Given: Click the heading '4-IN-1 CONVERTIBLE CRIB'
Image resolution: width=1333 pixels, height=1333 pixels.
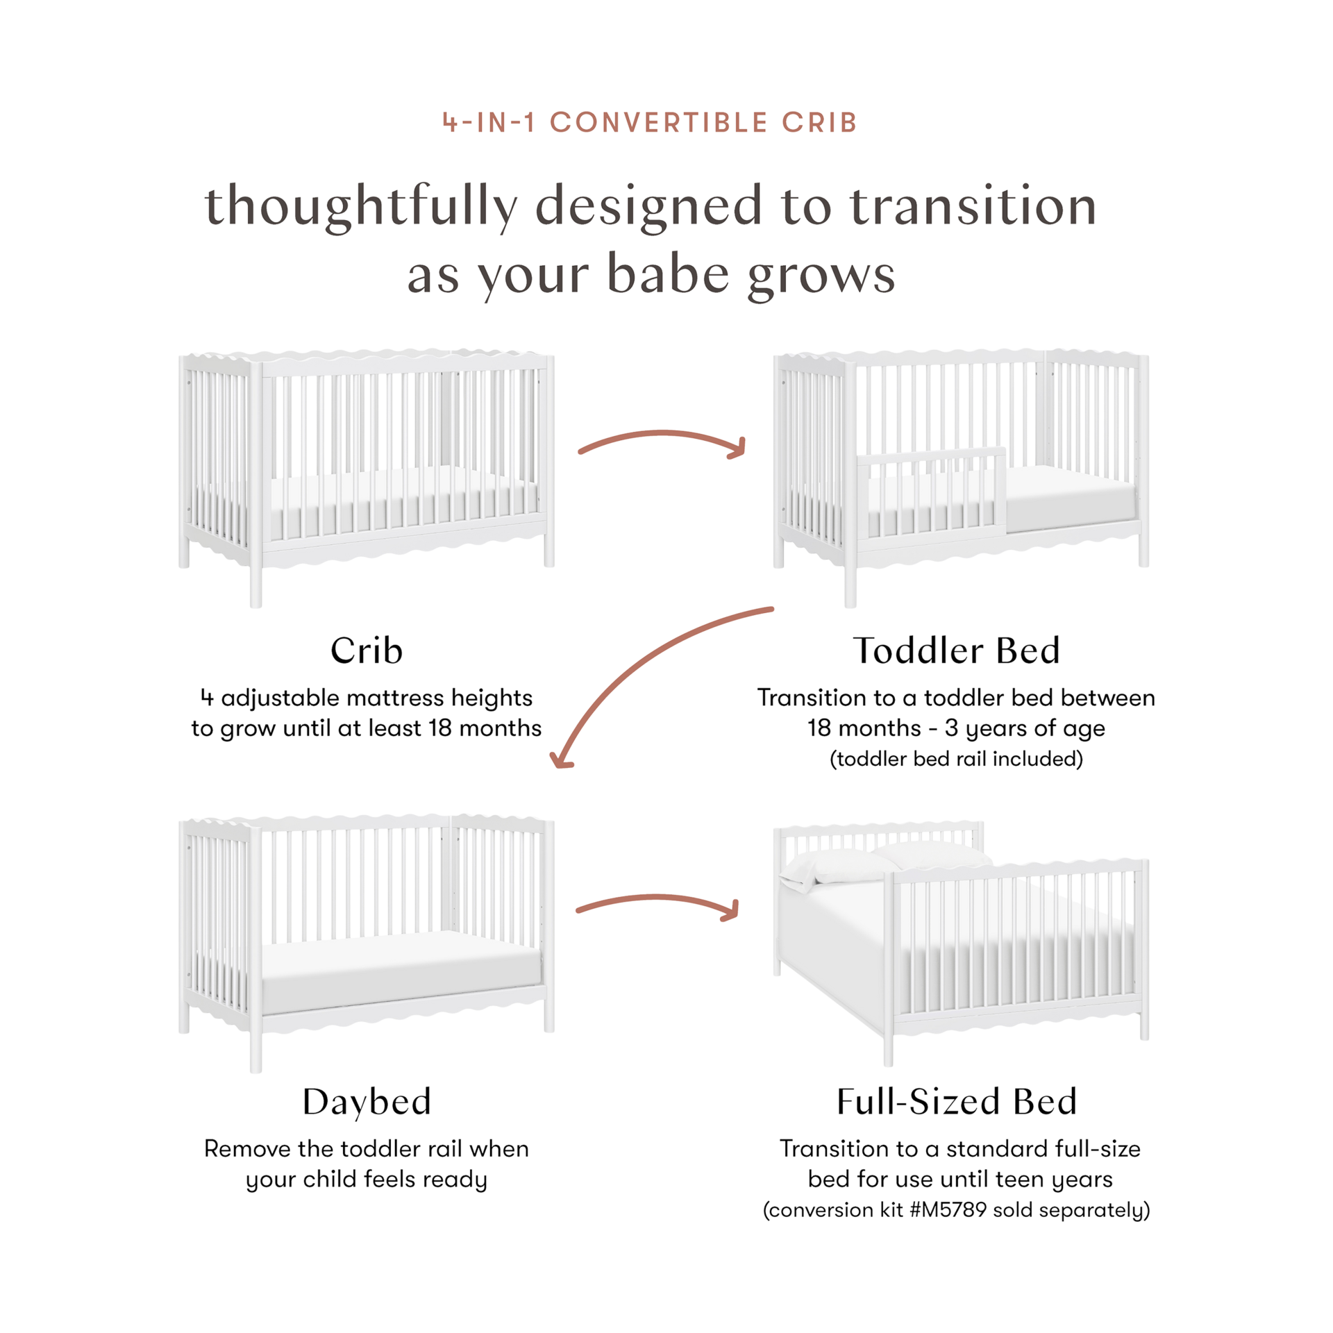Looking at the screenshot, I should point(651,122).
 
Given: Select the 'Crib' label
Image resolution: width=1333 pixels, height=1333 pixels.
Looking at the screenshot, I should point(366,651).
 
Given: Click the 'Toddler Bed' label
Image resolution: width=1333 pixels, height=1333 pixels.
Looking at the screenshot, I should point(956,651).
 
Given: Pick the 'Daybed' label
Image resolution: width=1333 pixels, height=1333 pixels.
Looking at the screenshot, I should point(367,1102).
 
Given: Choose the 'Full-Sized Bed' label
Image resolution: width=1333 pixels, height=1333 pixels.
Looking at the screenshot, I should point(956,1102).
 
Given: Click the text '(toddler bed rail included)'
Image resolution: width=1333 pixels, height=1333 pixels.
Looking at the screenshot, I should point(956,760).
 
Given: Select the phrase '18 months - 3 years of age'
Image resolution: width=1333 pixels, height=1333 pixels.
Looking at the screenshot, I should point(956,729).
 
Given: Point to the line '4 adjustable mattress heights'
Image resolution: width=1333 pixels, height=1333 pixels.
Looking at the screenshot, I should point(366,698).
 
